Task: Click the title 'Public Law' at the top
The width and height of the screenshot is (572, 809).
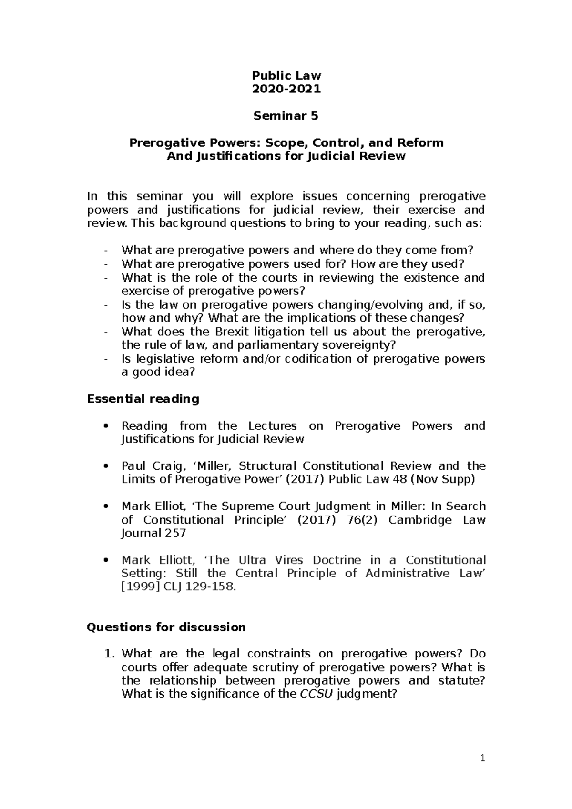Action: coord(286,75)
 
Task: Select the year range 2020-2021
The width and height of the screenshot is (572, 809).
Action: coord(286,89)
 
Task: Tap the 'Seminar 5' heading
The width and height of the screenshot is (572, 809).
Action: coord(286,116)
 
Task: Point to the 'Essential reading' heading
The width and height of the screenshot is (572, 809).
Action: coord(143,399)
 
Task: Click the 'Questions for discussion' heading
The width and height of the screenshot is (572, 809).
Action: coord(166,627)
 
